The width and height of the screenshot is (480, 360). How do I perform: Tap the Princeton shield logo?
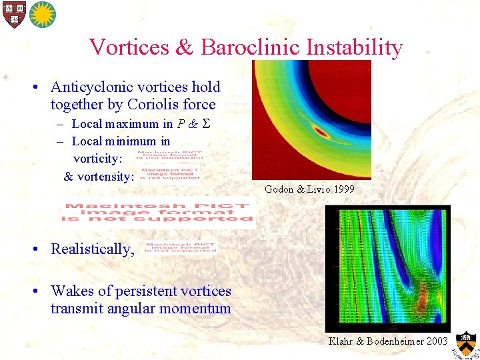point(467,345)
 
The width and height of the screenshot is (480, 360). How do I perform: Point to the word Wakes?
point(72,291)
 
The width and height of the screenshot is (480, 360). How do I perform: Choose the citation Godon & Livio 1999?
point(309,189)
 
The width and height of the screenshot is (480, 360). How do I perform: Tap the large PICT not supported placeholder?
point(159,213)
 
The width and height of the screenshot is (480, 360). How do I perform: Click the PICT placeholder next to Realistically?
point(179,247)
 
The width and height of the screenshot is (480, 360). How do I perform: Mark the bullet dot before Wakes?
point(39,291)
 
